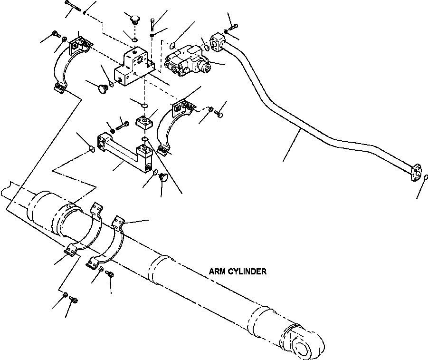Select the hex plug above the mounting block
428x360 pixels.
tap(134, 20)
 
